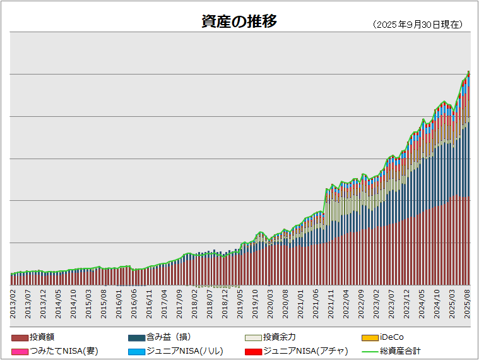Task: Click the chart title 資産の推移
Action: [x=239, y=22]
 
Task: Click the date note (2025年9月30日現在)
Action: [x=418, y=25]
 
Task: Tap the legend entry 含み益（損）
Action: [x=163, y=337]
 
